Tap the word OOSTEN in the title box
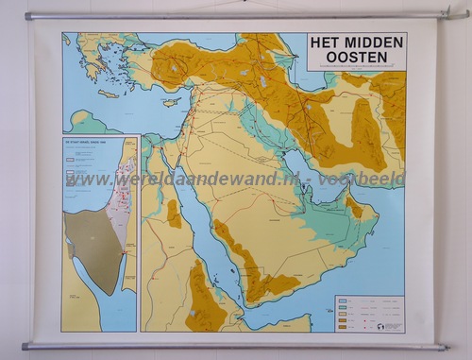(358, 59)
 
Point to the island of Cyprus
(171, 101)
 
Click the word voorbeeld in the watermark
(373, 179)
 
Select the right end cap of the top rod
(462, 14)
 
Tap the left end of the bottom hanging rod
(26, 346)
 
